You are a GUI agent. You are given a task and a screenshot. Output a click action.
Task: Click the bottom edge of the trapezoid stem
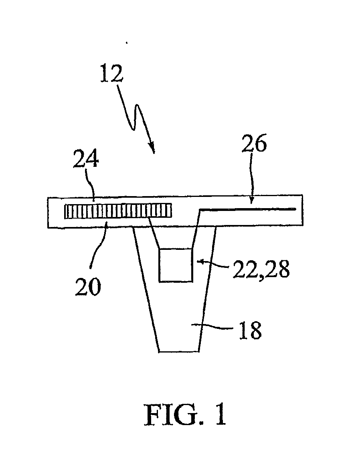tap(178, 352)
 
